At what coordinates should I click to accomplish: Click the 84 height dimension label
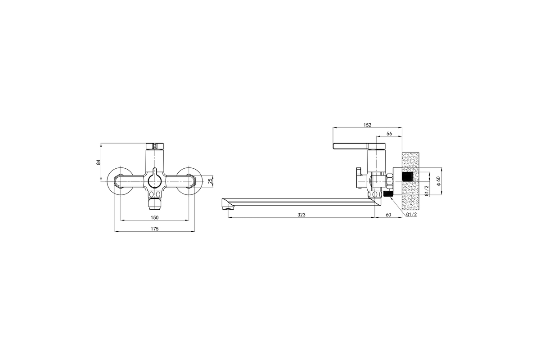(x=99, y=162)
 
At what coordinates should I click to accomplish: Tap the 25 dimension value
(x=210, y=180)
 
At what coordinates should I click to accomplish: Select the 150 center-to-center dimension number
(x=154, y=217)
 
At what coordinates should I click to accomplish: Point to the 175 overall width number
(x=154, y=229)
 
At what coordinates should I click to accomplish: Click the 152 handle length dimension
(x=367, y=125)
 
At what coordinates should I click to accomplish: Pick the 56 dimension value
(x=389, y=134)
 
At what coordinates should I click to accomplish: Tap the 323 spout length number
(x=301, y=215)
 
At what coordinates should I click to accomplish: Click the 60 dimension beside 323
(x=388, y=215)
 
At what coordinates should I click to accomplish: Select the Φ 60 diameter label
(x=438, y=181)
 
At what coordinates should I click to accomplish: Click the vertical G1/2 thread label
(x=427, y=191)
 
